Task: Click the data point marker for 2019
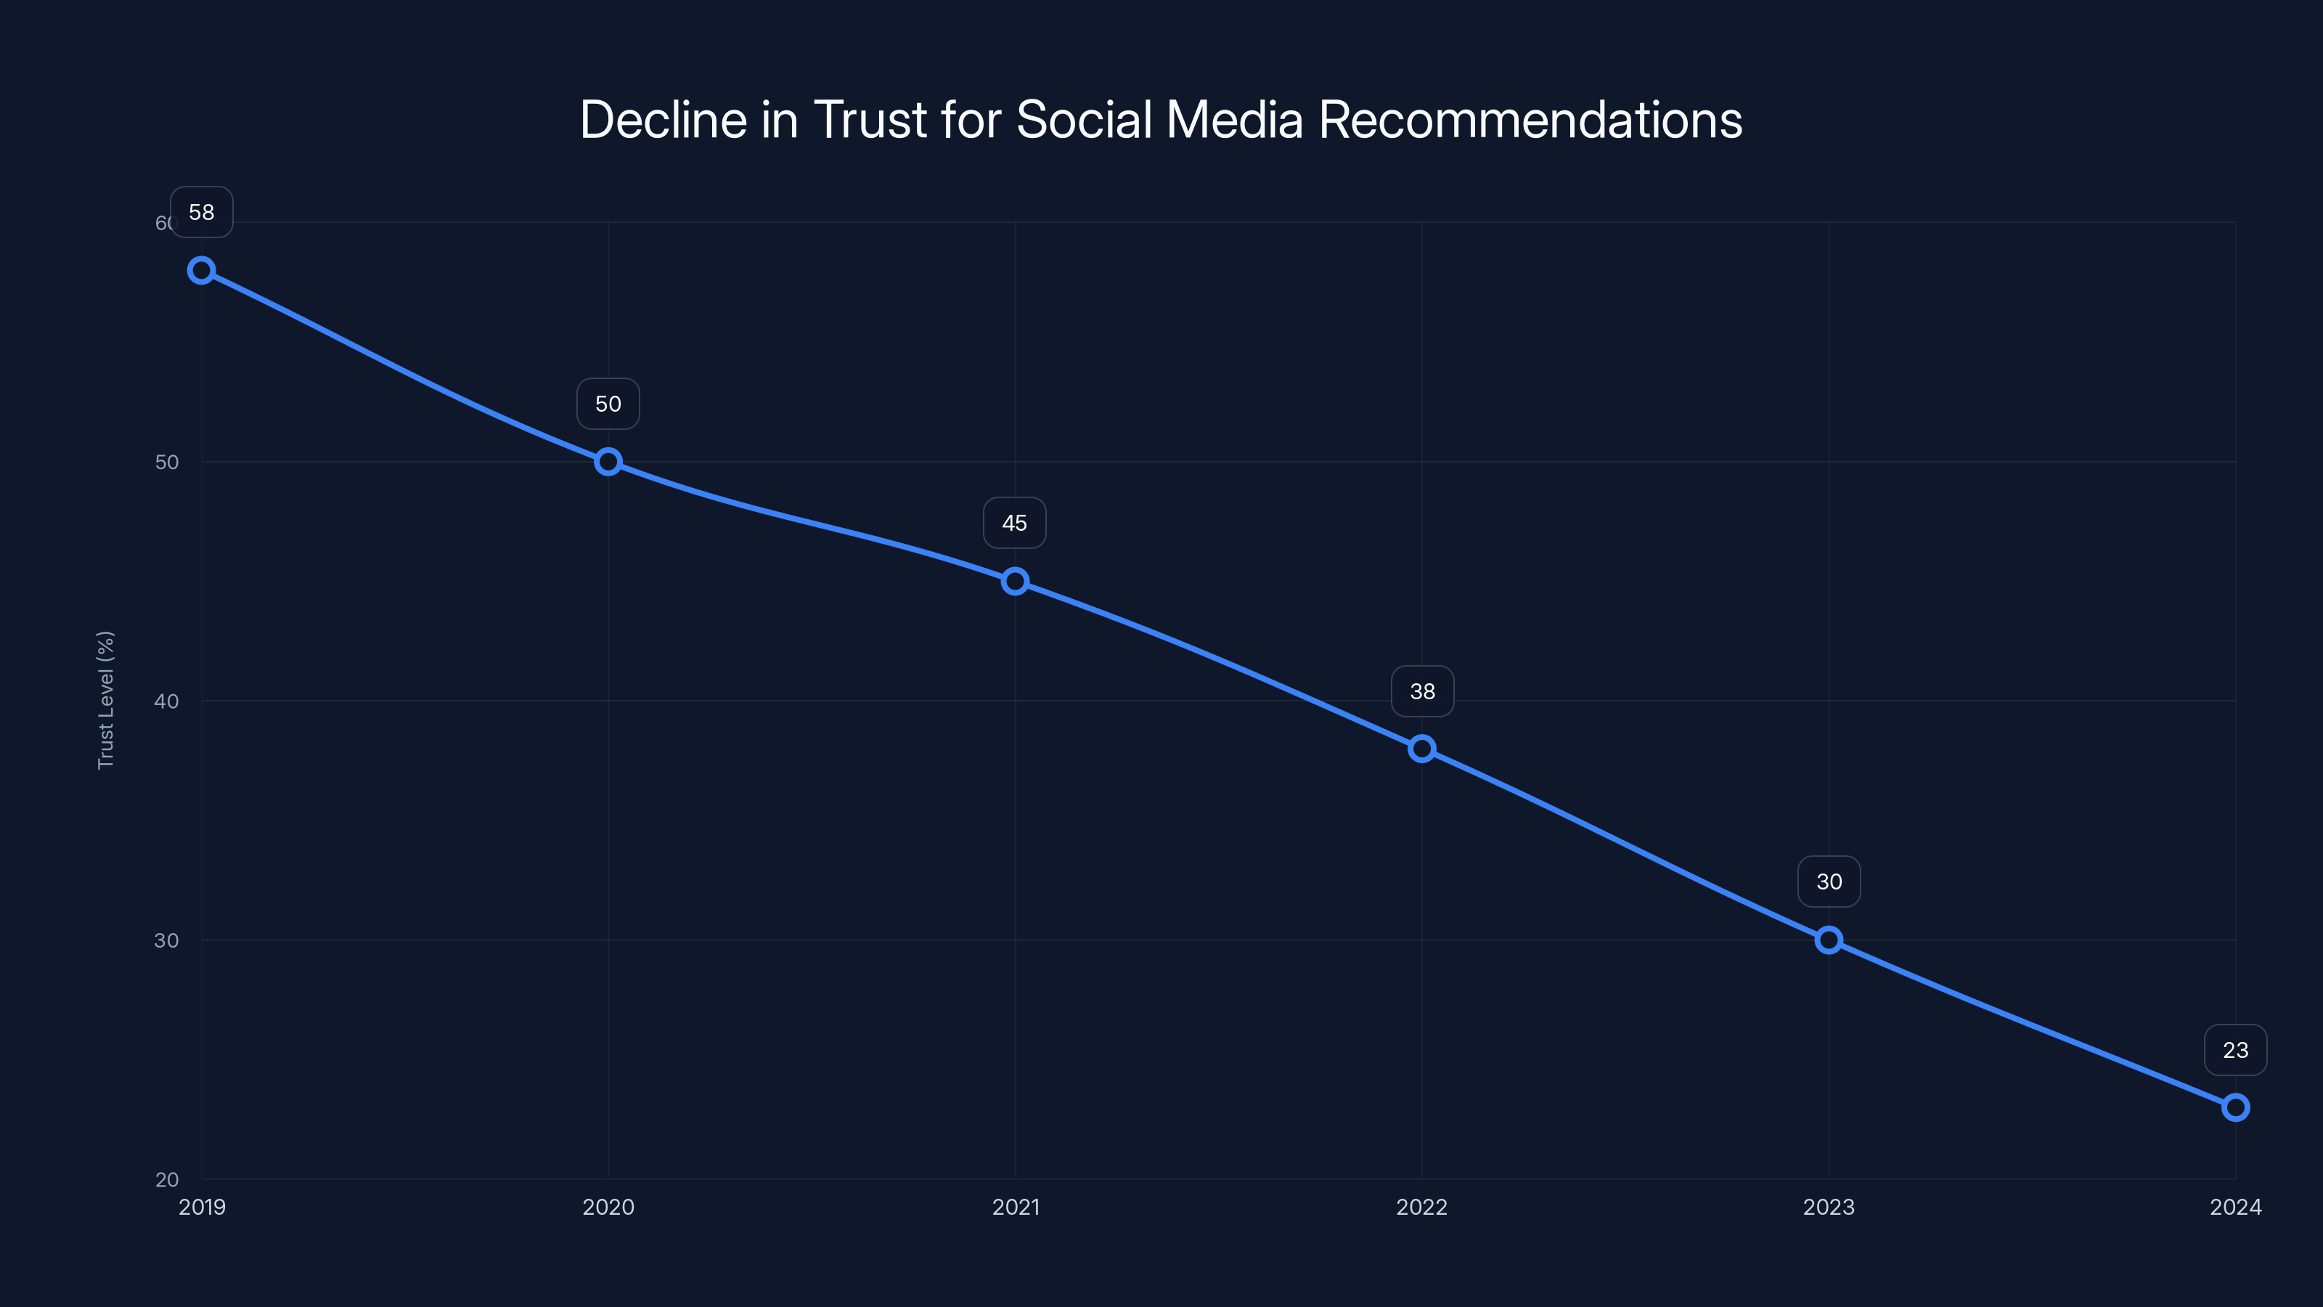pyautogui.click(x=201, y=271)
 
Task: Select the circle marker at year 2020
pyautogui.click(x=608, y=462)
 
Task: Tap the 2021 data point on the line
pyautogui.click(x=1015, y=581)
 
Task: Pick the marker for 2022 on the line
pyautogui.click(x=1422, y=749)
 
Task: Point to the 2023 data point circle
pyautogui.click(x=1829, y=940)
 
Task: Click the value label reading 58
pyautogui.click(x=201, y=212)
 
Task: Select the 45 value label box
pyautogui.click(x=1015, y=523)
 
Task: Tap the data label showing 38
pyautogui.click(x=1422, y=692)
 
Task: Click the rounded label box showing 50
pyautogui.click(x=608, y=404)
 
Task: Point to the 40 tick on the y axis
pyautogui.click(x=167, y=701)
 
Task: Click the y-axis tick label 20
pyautogui.click(x=167, y=1179)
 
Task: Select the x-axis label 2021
pyautogui.click(x=1016, y=1207)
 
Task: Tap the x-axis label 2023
pyautogui.click(x=1829, y=1207)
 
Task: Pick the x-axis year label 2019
pyautogui.click(x=201, y=1207)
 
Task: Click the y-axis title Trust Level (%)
pyautogui.click(x=105, y=700)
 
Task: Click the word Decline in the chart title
pyautogui.click(x=663, y=120)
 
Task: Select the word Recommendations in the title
pyautogui.click(x=1530, y=120)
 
